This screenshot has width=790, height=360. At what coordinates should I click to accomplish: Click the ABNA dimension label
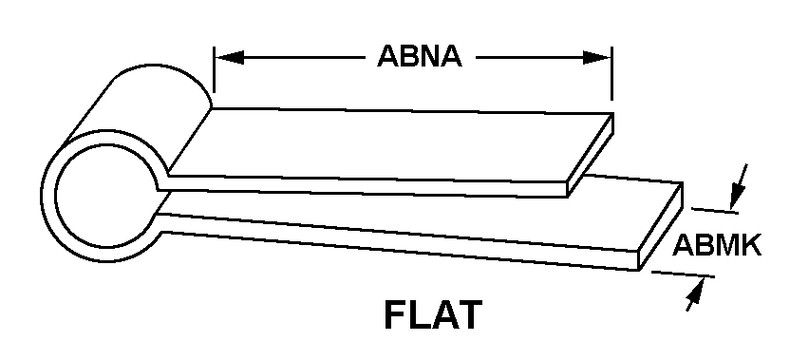tap(419, 56)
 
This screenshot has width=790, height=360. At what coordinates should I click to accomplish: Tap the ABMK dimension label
tap(717, 246)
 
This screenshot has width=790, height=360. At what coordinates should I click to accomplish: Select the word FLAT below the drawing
tap(433, 315)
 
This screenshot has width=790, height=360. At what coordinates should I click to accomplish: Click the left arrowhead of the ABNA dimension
tap(229, 58)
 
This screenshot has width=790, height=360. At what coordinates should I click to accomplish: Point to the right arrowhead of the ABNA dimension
tap(597, 58)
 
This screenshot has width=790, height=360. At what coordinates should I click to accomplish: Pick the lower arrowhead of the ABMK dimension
tap(694, 294)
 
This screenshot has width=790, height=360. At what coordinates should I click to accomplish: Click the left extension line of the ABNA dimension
tap(215, 70)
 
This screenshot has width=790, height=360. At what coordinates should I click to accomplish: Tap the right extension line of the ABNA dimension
tap(611, 73)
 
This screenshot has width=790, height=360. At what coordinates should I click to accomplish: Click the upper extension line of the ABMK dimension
tap(714, 211)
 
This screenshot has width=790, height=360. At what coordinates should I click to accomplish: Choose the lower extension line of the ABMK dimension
tap(683, 275)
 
